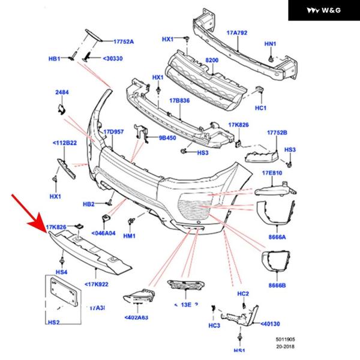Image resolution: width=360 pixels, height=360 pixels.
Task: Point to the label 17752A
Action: pyautogui.click(x=124, y=41)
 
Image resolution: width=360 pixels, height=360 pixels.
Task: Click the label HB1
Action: pyautogui.click(x=55, y=59)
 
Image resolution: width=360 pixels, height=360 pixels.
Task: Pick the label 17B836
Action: pyautogui.click(x=179, y=101)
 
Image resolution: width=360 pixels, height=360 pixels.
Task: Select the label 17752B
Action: pyautogui.click(x=277, y=131)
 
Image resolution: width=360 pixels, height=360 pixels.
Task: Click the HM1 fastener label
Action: pyautogui.click(x=130, y=236)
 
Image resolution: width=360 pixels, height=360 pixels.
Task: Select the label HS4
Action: pyautogui.click(x=62, y=272)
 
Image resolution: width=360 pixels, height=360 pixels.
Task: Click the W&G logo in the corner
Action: pyautogui.click(x=323, y=10)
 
